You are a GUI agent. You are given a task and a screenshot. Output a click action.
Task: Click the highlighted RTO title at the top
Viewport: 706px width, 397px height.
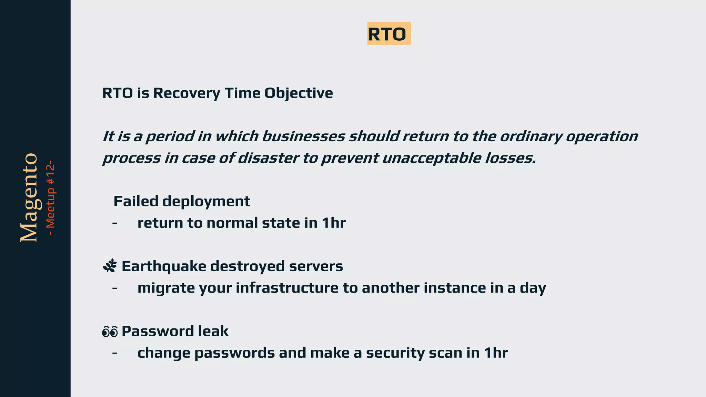coord(389,34)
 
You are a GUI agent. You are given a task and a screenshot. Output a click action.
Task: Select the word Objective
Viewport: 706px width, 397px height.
coord(299,93)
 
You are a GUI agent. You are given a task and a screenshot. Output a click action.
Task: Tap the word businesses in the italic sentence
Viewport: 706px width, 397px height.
coord(303,136)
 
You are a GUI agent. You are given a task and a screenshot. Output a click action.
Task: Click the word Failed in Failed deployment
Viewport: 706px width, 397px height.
coord(136,201)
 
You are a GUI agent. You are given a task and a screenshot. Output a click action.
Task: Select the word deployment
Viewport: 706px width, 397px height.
coord(206,201)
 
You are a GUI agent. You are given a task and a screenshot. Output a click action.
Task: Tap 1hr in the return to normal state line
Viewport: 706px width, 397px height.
coord(333,223)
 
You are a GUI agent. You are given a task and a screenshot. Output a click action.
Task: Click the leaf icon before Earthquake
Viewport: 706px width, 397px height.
coord(110,266)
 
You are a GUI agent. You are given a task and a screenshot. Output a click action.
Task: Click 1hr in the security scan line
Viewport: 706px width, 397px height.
coord(495,353)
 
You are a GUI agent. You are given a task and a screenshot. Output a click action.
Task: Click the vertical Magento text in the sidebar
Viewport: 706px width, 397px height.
coord(29,198)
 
